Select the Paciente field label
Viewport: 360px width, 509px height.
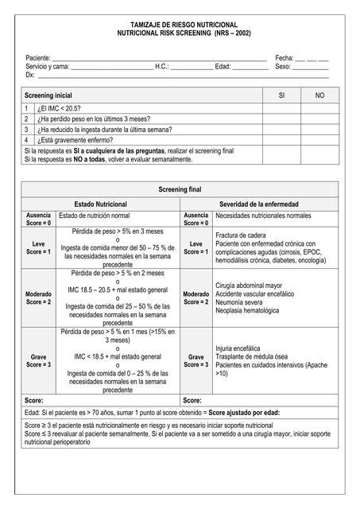tap(37, 59)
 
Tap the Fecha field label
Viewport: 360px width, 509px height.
tap(285, 59)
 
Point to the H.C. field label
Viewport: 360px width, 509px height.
tap(161, 67)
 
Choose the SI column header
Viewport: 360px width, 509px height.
tap(281, 95)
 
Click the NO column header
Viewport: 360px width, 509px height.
tap(319, 95)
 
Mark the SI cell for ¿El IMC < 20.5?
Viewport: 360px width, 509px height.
tap(281, 107)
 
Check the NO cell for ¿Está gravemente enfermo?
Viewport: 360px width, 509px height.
tap(319, 139)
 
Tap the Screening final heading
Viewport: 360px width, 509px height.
tap(180, 190)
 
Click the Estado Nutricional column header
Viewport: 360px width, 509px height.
tap(101, 204)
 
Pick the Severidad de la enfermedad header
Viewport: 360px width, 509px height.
tap(259, 204)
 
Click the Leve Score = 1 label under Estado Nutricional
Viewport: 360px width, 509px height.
tap(38, 247)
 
